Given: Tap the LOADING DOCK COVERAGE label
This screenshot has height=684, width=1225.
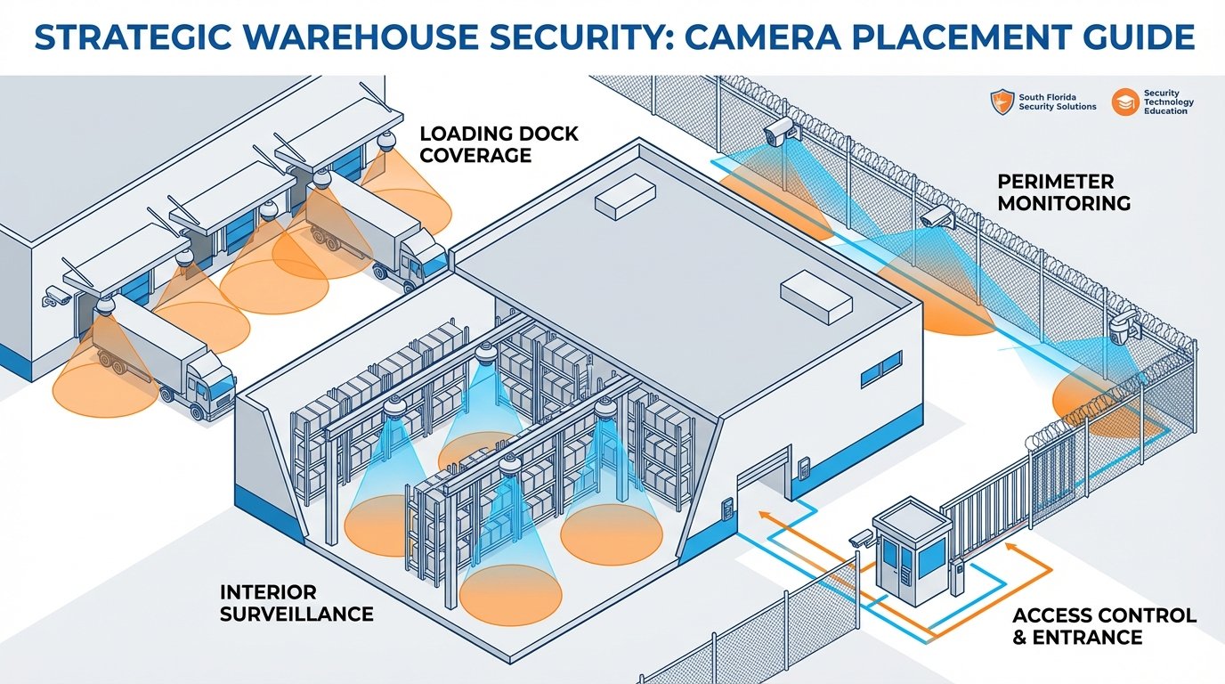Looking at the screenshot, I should (499, 144).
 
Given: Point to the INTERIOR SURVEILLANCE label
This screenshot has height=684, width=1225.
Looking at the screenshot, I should (296, 603).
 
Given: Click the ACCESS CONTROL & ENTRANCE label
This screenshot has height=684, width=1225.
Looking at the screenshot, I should (1104, 626).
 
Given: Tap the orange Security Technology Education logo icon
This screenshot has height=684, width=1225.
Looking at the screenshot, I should (1126, 102).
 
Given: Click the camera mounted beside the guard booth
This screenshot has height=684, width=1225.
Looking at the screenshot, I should (861, 539).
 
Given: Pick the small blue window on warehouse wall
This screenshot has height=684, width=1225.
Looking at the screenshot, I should (880, 369).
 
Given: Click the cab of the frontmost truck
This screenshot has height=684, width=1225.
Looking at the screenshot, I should (209, 391).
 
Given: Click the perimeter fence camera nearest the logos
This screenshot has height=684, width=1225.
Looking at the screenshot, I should (778, 132).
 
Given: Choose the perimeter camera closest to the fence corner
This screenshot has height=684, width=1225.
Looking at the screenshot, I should (1121, 330).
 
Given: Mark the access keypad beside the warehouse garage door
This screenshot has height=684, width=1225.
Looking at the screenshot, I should (804, 466).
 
